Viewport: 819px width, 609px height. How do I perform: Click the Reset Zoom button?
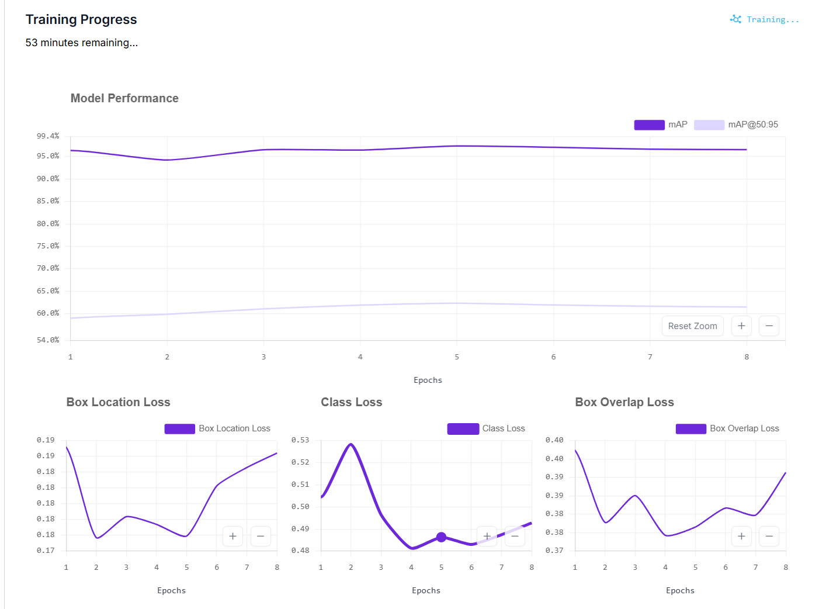692,326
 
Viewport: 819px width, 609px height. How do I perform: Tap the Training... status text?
772,20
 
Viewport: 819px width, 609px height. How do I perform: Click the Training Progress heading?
81,19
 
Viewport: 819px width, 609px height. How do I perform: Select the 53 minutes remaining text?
82,43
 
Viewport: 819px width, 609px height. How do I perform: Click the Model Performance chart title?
124,98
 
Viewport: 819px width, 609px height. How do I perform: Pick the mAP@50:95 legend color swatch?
709,125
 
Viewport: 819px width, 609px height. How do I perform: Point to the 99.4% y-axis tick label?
48,136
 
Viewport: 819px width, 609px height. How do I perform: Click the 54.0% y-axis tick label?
48,340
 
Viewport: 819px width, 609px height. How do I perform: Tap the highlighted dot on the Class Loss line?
441,537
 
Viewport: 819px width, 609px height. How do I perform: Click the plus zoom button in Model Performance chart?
741,326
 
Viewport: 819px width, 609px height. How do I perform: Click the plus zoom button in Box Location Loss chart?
232,536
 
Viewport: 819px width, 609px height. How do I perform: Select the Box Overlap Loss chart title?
624,402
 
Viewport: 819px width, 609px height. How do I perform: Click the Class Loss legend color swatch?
463,428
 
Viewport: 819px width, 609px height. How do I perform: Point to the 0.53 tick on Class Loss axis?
300,440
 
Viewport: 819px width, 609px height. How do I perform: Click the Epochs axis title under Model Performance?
428,380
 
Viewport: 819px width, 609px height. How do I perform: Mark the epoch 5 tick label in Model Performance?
457,357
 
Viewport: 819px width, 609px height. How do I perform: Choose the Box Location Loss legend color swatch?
180,428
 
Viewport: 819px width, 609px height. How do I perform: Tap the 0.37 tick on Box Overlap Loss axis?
554,550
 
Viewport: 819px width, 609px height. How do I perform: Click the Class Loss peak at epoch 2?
350,444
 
